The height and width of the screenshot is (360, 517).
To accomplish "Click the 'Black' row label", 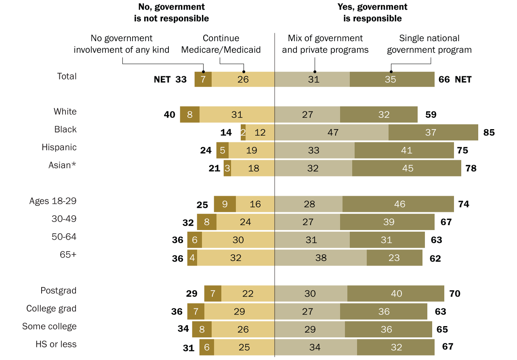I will click(65, 130).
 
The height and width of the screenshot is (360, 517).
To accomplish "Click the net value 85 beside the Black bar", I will click(489, 132).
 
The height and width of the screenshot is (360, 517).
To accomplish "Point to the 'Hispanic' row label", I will click(59, 147).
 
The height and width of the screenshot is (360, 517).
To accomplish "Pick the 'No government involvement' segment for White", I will click(190, 115).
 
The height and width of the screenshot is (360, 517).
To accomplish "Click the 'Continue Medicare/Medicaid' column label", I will click(221, 44).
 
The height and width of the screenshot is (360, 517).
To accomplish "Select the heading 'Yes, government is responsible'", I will click(372, 13).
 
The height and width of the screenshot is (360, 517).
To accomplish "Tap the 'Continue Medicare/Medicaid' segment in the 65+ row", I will click(236, 257).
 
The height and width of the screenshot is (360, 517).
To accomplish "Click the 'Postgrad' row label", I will click(58, 291).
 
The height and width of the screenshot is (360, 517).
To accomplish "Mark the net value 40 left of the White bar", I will click(170, 115).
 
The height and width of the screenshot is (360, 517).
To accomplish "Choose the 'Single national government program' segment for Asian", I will click(407, 168).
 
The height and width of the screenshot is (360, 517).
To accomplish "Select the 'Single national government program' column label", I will click(429, 44).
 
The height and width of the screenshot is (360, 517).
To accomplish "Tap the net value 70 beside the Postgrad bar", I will click(455, 293).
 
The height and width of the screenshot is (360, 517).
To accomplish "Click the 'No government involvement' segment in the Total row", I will click(203, 79).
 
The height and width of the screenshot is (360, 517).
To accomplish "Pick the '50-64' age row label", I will click(65, 237).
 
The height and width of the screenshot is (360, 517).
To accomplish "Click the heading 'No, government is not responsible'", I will click(171, 13).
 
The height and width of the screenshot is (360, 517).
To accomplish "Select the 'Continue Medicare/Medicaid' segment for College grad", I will click(239, 311).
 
